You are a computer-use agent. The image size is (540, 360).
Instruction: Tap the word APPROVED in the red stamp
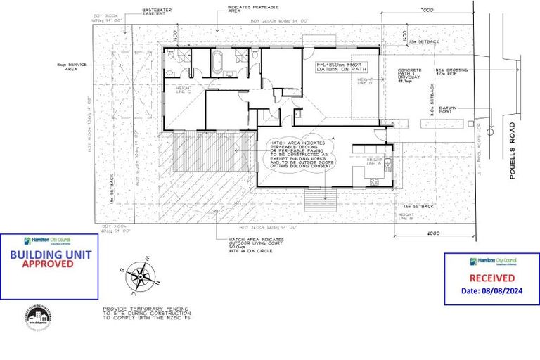(47, 264)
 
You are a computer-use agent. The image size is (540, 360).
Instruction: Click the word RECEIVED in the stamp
(491, 278)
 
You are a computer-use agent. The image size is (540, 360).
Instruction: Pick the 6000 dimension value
(432, 233)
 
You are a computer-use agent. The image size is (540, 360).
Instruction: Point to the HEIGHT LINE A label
(373, 162)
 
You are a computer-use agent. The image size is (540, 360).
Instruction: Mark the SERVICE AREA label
(72, 66)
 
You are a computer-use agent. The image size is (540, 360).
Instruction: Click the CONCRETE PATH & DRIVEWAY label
(410, 75)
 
